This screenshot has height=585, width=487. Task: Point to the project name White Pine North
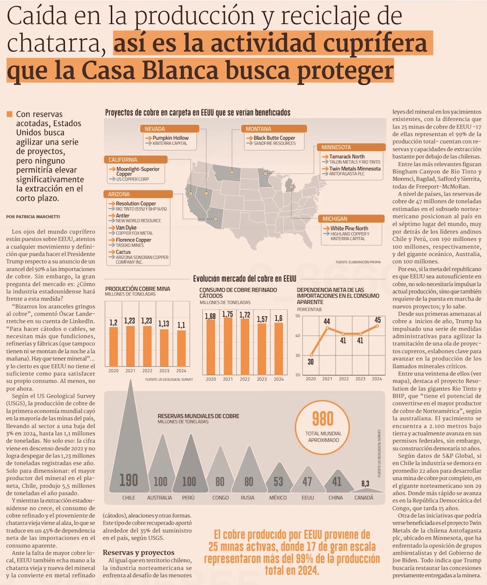coord(349,228)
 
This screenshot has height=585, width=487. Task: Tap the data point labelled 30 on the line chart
coord(312,354)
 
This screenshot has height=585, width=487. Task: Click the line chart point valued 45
coord(377,326)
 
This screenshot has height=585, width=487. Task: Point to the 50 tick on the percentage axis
coord(298,316)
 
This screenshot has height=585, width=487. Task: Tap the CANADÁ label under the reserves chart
coord(363,497)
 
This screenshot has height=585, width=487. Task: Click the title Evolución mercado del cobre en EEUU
coord(244,279)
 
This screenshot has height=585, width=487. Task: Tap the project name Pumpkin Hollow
coord(170,138)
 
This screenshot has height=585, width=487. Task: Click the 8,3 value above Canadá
coord(365,483)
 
